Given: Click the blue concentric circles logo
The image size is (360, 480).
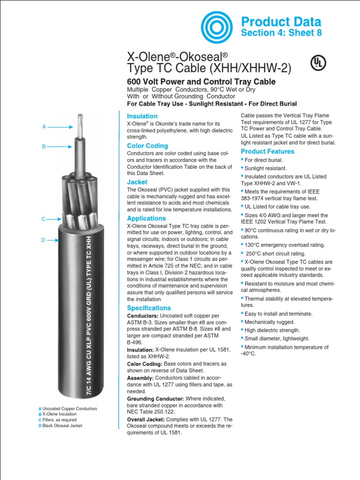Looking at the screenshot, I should click(217, 27).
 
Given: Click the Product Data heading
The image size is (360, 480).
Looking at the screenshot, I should click(281, 22).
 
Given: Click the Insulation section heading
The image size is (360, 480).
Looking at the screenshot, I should click(142, 116).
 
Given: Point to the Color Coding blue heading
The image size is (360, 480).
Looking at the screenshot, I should click(147, 146).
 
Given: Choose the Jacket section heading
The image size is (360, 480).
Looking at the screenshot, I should click(137, 182).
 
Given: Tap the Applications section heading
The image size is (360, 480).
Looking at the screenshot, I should click(146, 218).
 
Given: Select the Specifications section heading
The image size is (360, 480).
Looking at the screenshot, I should click(149, 308).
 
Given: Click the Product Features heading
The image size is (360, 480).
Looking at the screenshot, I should click(267, 151).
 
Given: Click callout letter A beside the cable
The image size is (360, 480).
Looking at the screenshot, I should click(44, 127).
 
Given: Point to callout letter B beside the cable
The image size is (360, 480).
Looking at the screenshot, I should click(44, 147).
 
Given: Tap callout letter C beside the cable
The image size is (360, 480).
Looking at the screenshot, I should click(43, 219).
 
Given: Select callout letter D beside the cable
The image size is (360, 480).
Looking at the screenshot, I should click(43, 240).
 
